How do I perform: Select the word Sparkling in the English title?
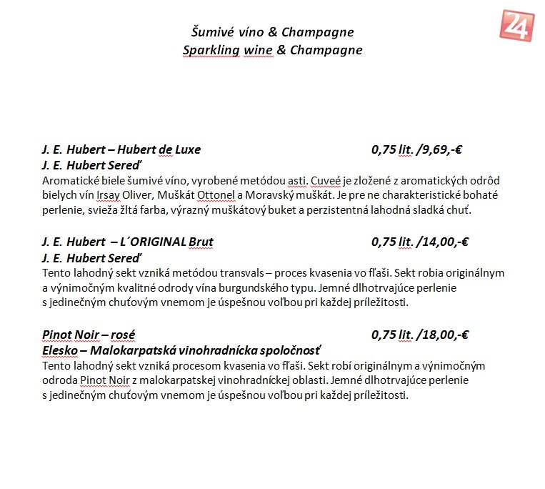pyautogui.click(x=211, y=50)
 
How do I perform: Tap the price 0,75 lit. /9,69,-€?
pyautogui.click(x=417, y=149)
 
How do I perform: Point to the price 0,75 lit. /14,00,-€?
pyautogui.click(x=419, y=242)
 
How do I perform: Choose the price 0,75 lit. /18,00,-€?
pyautogui.click(x=419, y=334)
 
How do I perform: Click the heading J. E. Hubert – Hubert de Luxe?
pyautogui.click(x=121, y=149)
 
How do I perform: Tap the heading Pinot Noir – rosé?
pyautogui.click(x=89, y=334)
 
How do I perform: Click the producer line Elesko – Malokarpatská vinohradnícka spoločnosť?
pyautogui.click(x=182, y=350)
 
